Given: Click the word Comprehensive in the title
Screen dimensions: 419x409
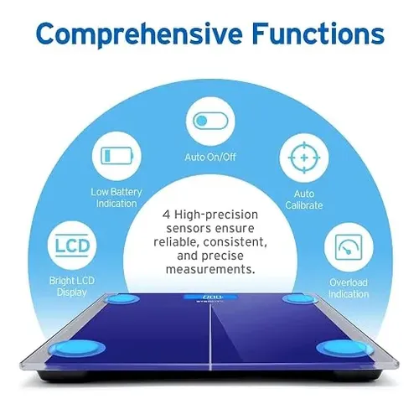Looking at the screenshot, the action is coord(139,34).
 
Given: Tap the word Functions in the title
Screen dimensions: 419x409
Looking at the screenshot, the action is coord(318,34).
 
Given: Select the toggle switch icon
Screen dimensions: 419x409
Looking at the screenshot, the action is coord(210,121).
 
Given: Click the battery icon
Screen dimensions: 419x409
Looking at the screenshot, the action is coord(116,156).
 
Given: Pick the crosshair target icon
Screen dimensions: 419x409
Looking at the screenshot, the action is coord(304,158).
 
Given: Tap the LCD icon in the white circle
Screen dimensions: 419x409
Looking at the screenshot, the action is coord(72,246).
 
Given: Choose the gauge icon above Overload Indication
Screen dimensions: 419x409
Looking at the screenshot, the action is coord(349,247).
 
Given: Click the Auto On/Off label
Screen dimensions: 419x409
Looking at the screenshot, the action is coord(210,157).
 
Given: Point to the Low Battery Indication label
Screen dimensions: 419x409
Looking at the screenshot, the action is coord(116,198).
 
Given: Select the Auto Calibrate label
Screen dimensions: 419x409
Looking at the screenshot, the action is coord(304,199).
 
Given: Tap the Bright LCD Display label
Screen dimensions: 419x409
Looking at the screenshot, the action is coord(72,287).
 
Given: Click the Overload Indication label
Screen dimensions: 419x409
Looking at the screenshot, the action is coord(349,288).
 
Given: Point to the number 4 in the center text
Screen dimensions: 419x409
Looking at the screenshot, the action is coord(166,215).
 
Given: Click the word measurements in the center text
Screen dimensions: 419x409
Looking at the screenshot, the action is coord(210,269).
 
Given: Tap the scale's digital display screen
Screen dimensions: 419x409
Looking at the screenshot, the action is coord(211,297).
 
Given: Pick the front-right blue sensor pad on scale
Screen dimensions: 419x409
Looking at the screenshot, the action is coord(344,348).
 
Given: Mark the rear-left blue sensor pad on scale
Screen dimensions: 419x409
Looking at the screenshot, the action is coord(122,299).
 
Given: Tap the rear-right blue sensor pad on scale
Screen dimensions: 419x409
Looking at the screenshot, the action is coord(300,299).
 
